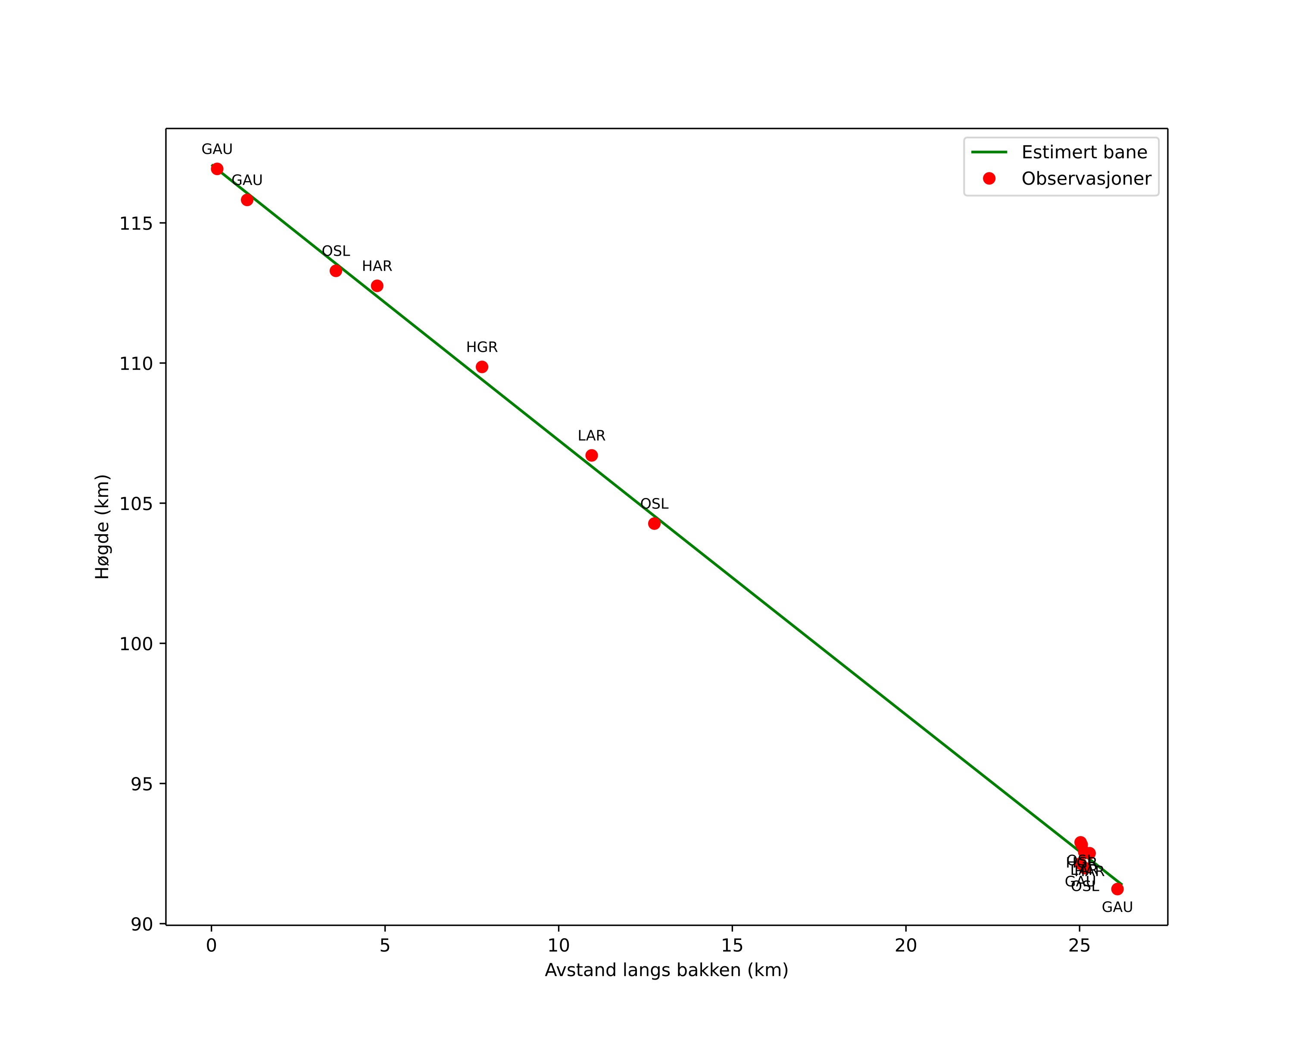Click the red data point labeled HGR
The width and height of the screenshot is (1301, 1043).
click(481, 367)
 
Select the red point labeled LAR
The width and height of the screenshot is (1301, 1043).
click(591, 455)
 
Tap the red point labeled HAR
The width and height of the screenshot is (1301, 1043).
click(377, 285)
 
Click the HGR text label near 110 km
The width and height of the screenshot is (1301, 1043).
click(481, 348)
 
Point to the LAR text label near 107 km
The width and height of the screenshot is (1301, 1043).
click(591, 436)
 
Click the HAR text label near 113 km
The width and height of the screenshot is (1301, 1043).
click(377, 266)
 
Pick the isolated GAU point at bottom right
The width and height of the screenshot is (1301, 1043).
click(1117, 889)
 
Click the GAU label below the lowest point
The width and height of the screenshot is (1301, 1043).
click(1117, 908)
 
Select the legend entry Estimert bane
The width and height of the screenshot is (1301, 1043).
click(1084, 152)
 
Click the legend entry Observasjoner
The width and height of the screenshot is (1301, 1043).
click(1086, 179)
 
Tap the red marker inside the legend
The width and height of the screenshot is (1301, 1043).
click(989, 179)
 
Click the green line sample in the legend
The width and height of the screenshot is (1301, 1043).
click(989, 152)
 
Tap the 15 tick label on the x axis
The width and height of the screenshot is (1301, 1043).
click(732, 946)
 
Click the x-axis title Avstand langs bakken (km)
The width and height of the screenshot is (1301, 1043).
click(666, 971)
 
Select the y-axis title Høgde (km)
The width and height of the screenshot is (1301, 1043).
click(103, 526)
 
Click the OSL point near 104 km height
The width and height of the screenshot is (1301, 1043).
click(654, 523)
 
